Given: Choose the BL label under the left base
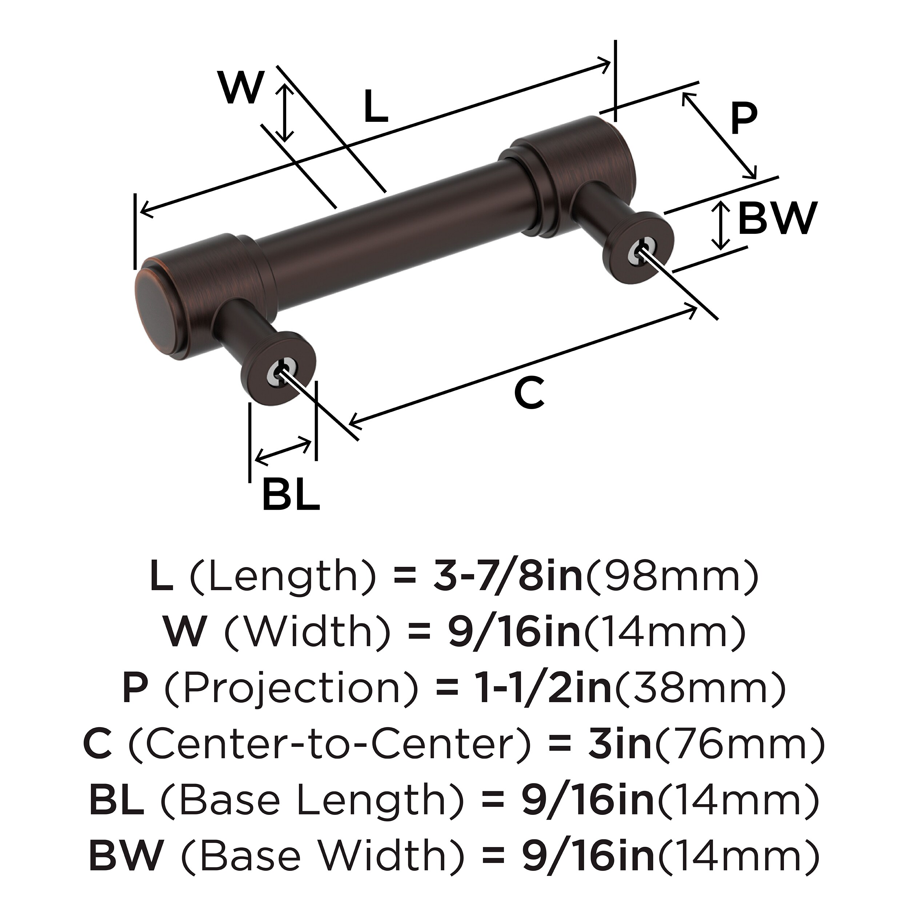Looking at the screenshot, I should pos(291,494).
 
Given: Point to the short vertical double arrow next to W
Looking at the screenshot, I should pos(284,113).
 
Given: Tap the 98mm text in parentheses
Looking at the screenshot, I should pos(672,578).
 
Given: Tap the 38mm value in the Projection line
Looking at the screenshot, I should pos(700,688).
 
